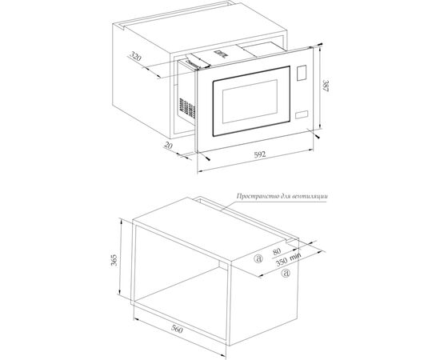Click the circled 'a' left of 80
pyautogui.click(x=257, y=258)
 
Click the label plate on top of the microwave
pyautogui.click(x=219, y=55)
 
